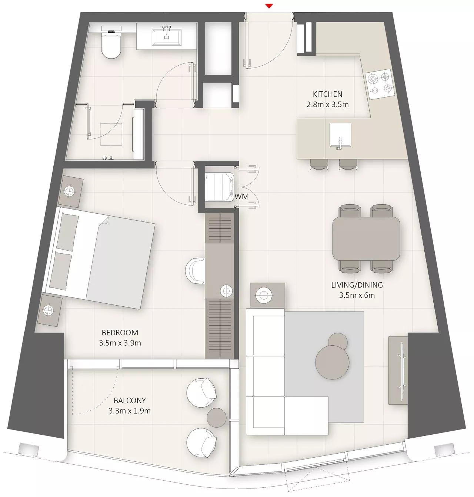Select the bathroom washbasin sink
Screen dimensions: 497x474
[166, 37]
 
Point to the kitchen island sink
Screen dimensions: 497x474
[340, 135]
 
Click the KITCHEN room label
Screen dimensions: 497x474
[327, 94]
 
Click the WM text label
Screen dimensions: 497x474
[241, 196]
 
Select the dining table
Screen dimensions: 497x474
[366, 238]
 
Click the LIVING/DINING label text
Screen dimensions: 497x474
[357, 285]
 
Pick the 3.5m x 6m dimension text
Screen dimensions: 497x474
[357, 295]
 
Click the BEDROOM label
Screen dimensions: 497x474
[120, 333]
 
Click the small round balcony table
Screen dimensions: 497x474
[216, 417]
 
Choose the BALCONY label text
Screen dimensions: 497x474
[130, 401]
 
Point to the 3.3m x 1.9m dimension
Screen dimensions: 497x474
[130, 411]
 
